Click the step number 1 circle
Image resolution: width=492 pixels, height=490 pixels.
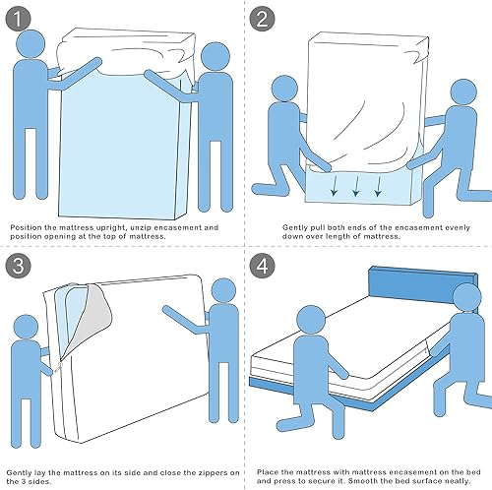pyautogui.click(x=18, y=20)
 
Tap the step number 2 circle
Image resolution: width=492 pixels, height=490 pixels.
pyautogui.click(x=263, y=20)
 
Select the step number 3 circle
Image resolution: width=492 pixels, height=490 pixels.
pyautogui.click(x=18, y=266)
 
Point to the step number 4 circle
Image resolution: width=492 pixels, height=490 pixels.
pyautogui.click(x=263, y=266)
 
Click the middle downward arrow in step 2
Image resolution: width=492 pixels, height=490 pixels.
pyautogui.click(x=356, y=186)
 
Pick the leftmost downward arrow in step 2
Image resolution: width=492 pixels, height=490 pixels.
pyautogui.click(x=334, y=186)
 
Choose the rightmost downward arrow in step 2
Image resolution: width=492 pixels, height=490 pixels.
pyautogui.click(x=378, y=186)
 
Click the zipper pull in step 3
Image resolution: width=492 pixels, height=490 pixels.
pyautogui.click(x=58, y=367)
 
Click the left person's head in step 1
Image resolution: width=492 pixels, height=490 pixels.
pyautogui.click(x=31, y=44)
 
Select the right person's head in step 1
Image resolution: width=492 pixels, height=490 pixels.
pyautogui.click(x=215, y=56)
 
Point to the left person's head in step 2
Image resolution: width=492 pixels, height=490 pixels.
pyautogui.click(x=285, y=89)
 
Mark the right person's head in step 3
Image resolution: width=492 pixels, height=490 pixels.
pyautogui.click(x=223, y=290)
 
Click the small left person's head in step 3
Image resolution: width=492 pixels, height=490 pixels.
pyautogui.click(x=26, y=328)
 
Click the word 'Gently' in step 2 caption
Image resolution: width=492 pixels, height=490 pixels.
pyautogui.click(x=294, y=228)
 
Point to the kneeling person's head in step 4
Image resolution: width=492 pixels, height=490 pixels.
pyautogui.click(x=311, y=320)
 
